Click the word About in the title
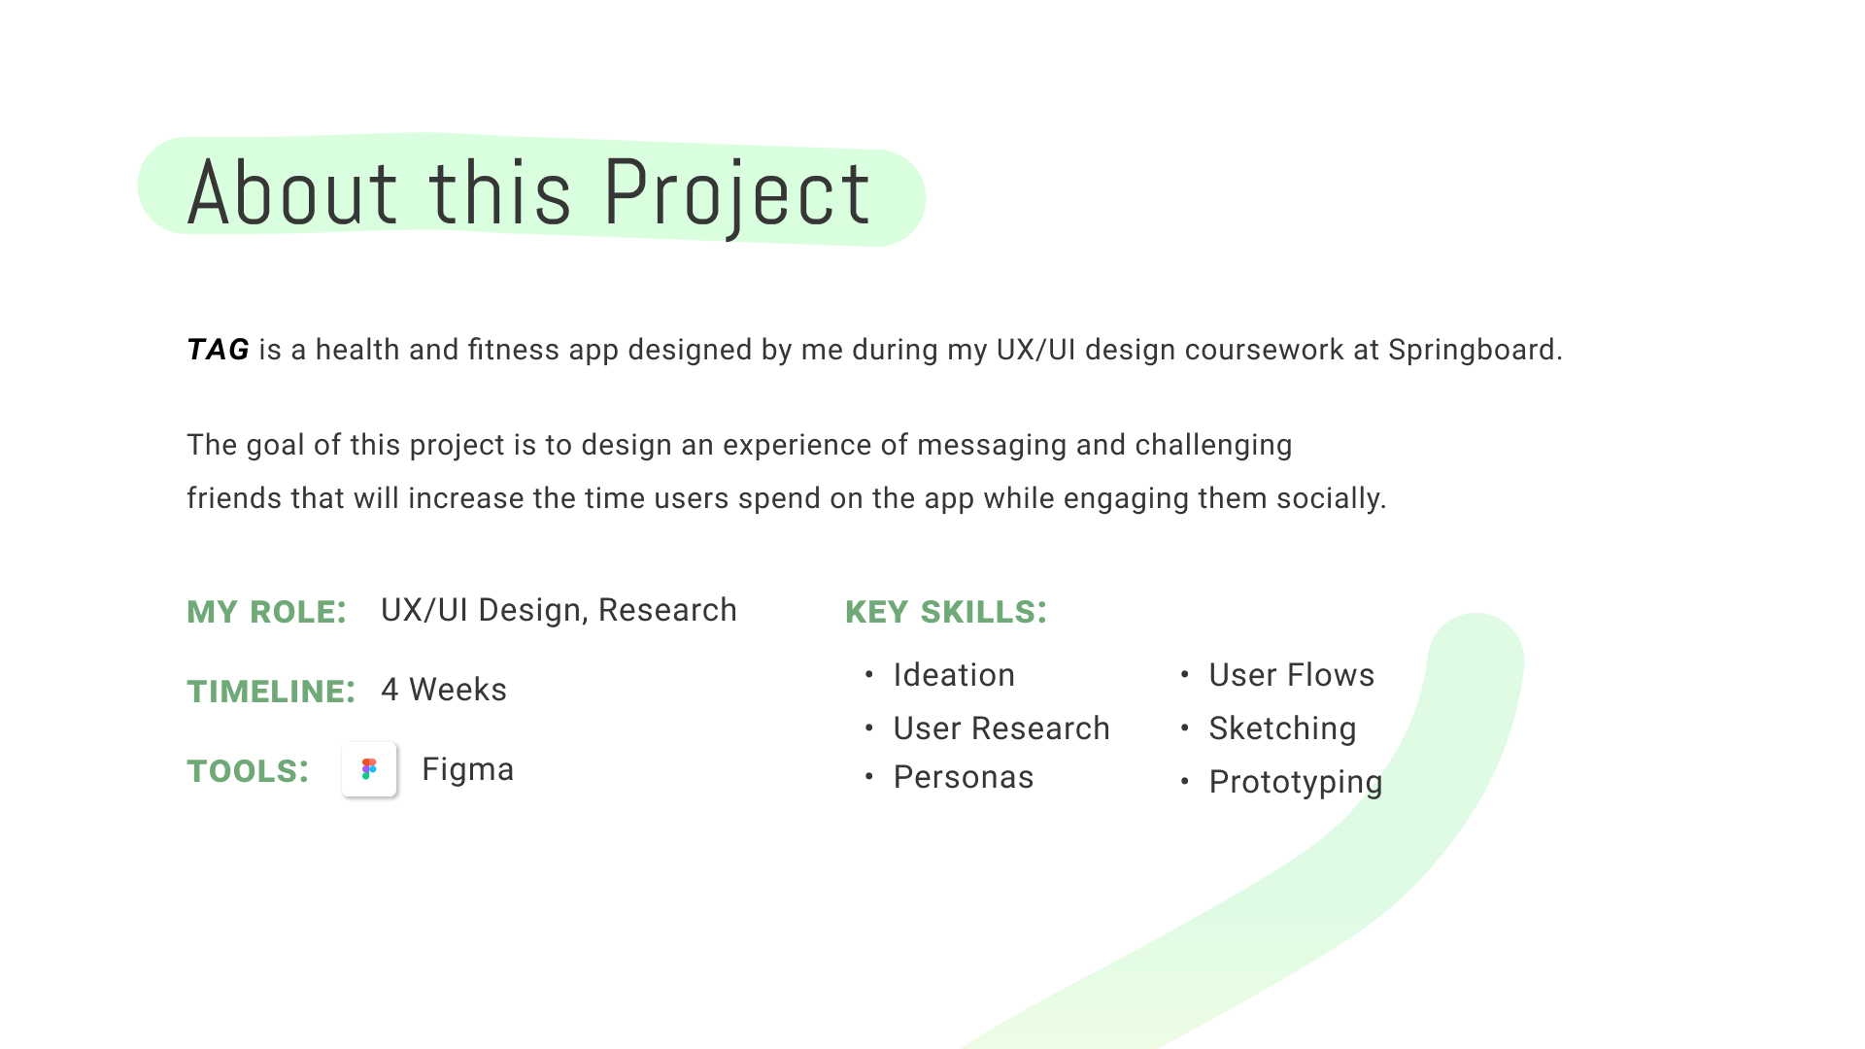[291, 194]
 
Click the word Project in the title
[736, 194]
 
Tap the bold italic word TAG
[218, 350]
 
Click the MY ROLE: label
[266, 612]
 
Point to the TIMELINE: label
[270, 692]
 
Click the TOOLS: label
[248, 771]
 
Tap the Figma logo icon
[369, 769]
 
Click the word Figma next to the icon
[467, 769]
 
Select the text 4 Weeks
[443, 690]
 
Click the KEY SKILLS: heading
[945, 612]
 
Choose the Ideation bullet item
[953, 675]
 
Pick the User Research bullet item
[1000, 728]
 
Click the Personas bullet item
[963, 777]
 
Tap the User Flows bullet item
[1291, 675]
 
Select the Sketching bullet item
[1282, 728]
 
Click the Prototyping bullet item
[1295, 782]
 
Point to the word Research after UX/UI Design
[667, 610]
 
